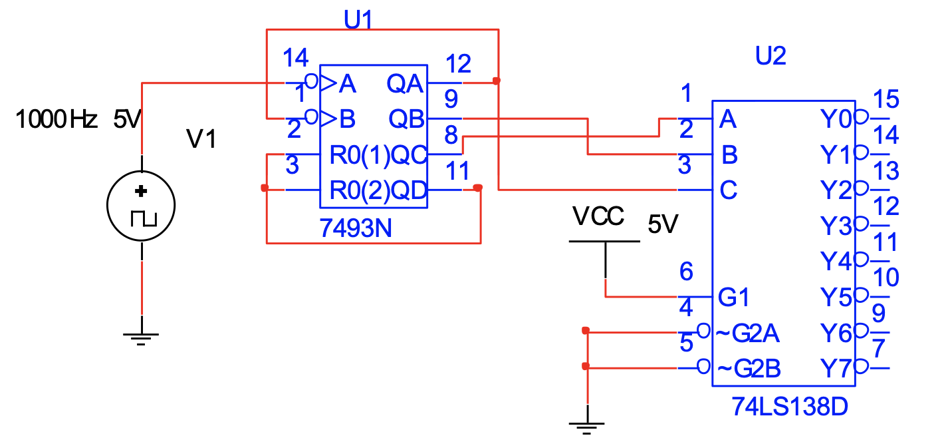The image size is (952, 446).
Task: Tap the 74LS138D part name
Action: point(790,405)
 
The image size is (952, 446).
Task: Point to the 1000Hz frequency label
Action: point(57,120)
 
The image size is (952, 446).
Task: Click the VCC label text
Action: point(598,217)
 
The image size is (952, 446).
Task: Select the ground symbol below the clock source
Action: point(141,337)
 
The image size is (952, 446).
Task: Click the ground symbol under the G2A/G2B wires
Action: point(586,426)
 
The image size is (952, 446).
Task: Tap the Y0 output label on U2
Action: point(836,120)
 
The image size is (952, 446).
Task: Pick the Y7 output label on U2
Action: point(836,367)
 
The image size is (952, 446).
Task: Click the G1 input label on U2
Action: point(735,297)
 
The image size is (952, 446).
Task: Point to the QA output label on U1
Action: point(404,84)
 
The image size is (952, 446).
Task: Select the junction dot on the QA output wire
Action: point(497,81)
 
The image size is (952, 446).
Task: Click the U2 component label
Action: point(771,57)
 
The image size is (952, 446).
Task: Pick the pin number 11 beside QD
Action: point(458,171)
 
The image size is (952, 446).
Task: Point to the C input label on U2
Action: point(728,191)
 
